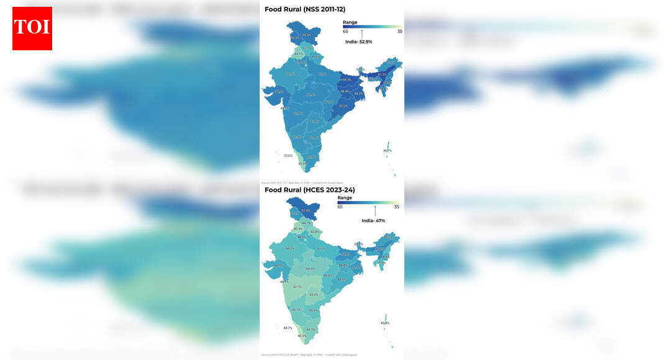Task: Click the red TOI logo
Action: tap(32, 29)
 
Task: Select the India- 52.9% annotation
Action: tap(358, 42)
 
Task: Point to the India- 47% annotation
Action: tap(373, 220)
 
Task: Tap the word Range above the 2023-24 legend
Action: tap(345, 198)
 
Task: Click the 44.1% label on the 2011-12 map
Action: tap(299, 54)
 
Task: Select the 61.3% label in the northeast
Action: tap(383, 74)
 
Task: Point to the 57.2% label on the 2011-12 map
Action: tap(343, 106)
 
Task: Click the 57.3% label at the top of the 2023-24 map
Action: tap(306, 211)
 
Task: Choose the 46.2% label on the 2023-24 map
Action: tap(289, 248)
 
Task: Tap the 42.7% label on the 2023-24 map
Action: tap(298, 287)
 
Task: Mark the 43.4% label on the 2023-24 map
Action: tap(314, 295)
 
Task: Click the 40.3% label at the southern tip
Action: tap(302, 336)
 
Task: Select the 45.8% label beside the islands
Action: tap(384, 323)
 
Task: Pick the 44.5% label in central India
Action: tap(310, 269)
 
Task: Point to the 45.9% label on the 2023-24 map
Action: tap(313, 311)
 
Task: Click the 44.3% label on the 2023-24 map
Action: tap(311, 330)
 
